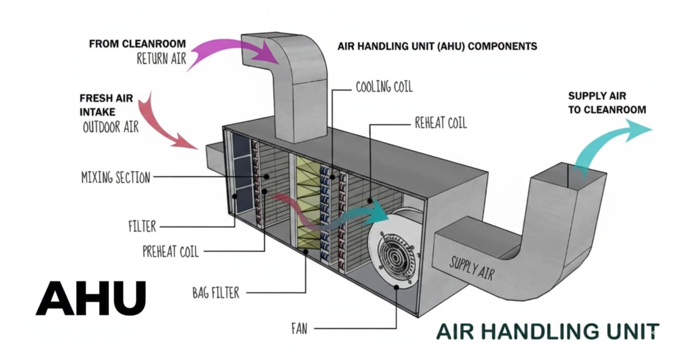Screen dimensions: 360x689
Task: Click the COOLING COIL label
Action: click(x=384, y=87)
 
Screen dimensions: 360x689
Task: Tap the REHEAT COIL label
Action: click(x=440, y=123)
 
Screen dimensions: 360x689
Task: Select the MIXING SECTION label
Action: click(x=115, y=177)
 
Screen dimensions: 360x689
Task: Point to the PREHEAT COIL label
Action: click(x=171, y=251)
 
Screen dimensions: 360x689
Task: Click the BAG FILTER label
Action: click(x=216, y=293)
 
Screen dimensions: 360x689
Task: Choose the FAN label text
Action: click(x=299, y=329)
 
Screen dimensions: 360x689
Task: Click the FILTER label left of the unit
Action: click(x=142, y=226)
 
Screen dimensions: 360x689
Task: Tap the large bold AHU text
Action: click(x=91, y=298)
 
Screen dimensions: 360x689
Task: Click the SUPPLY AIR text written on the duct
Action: click(x=471, y=268)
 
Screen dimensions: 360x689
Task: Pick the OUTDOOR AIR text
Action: click(x=111, y=127)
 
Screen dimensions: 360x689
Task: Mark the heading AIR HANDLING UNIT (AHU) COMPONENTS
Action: click(x=437, y=46)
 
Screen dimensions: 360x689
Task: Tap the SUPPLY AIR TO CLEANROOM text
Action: click(x=607, y=103)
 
